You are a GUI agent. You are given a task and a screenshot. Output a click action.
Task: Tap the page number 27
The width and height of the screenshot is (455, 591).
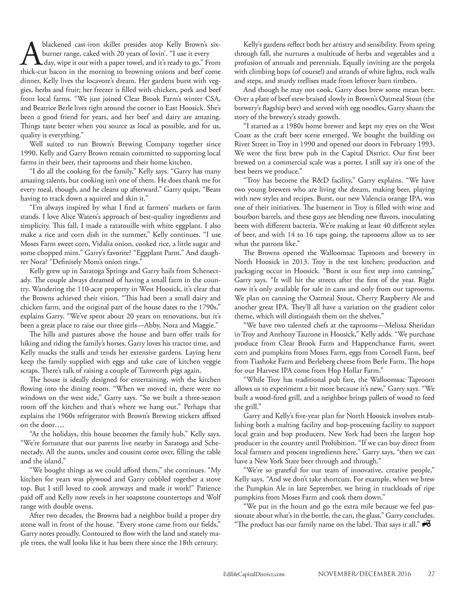tap(431, 574)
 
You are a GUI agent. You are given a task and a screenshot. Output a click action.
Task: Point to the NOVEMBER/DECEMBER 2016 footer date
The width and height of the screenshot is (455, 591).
tap(364, 574)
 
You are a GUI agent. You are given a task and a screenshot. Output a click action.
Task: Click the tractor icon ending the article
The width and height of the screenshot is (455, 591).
tap(427, 524)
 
